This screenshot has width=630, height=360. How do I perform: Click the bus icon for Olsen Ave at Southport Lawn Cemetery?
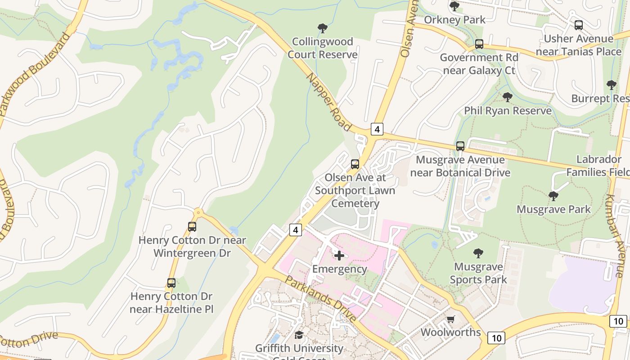click(355, 164)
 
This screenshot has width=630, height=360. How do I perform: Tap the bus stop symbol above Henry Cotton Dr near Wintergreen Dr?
click(192, 227)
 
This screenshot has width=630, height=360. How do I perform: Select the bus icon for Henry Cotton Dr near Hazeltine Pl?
click(171, 283)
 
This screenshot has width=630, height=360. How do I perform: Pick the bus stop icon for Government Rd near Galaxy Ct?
click(479, 44)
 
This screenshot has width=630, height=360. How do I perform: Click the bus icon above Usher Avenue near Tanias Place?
click(579, 25)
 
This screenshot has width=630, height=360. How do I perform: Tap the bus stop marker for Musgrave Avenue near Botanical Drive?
click(460, 146)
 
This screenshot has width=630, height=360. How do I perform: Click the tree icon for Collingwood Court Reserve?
click(322, 28)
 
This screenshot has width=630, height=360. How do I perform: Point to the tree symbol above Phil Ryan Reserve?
click(508, 97)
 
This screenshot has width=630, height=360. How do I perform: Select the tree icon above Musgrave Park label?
click(553, 196)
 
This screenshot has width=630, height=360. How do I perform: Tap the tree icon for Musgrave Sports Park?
click(478, 253)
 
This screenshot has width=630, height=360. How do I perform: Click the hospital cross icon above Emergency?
click(339, 256)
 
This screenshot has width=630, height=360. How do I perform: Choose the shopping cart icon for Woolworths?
click(451, 319)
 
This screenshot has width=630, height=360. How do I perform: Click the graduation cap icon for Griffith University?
click(299, 335)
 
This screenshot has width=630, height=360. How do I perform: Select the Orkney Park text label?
click(455, 20)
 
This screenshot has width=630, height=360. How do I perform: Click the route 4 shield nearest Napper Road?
click(377, 129)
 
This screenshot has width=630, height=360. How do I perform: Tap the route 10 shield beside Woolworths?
click(496, 338)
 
